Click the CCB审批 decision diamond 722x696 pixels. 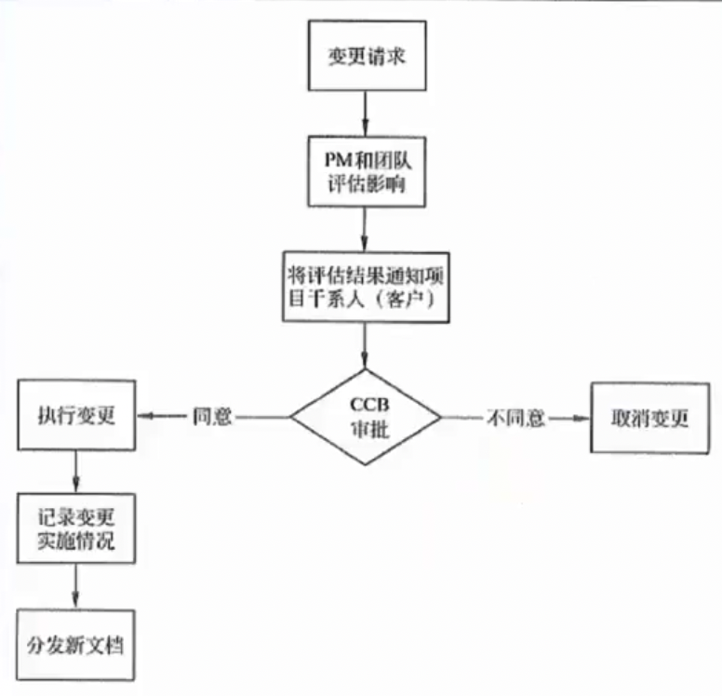coord(366,417)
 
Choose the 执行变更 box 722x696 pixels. coord(76,417)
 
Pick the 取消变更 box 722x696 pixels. coord(650,417)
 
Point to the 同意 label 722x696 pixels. coord(211,417)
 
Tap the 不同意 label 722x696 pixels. coord(515,418)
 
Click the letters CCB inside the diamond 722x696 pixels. coord(366,405)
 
